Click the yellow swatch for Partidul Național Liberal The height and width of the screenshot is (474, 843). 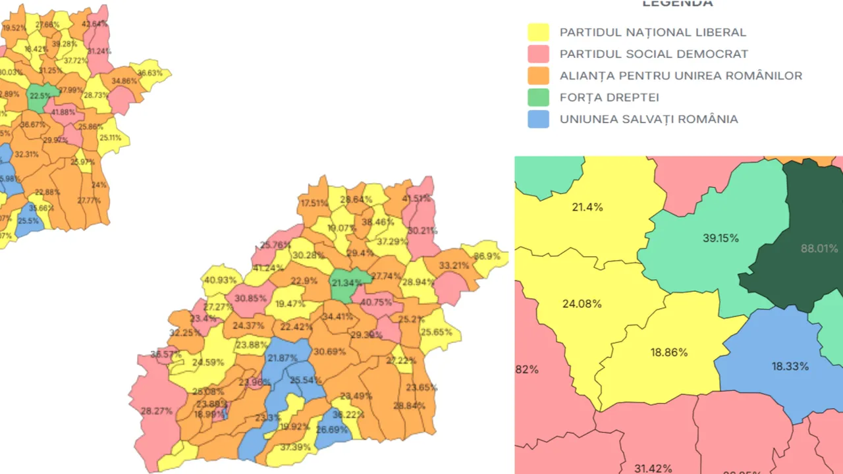tap(538, 32)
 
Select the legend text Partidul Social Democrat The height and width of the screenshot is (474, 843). tap(653, 54)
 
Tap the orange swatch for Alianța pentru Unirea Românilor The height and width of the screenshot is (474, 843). tap(538, 76)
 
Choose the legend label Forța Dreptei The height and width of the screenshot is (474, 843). tap(609, 97)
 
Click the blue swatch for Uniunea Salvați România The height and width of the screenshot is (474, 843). tap(538, 119)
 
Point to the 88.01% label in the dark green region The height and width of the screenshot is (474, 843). tap(819, 249)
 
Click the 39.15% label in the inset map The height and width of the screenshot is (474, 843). tap(721, 238)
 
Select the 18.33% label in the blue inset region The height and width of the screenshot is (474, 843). tap(790, 367)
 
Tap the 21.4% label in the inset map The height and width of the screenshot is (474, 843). tap(587, 207)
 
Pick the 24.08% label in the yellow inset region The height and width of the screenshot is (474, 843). tap(582, 304)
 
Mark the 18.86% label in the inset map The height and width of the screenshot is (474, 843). tap(669, 353)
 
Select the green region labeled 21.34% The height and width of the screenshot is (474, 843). tap(346, 284)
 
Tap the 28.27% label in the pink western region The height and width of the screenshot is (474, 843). tap(157, 411)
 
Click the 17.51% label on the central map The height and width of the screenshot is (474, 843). tap(314, 203)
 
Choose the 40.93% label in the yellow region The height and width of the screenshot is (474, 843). tap(220, 280)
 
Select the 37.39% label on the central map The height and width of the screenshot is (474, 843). tap(295, 447)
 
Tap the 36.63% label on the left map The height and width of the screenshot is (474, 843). tap(150, 73)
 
